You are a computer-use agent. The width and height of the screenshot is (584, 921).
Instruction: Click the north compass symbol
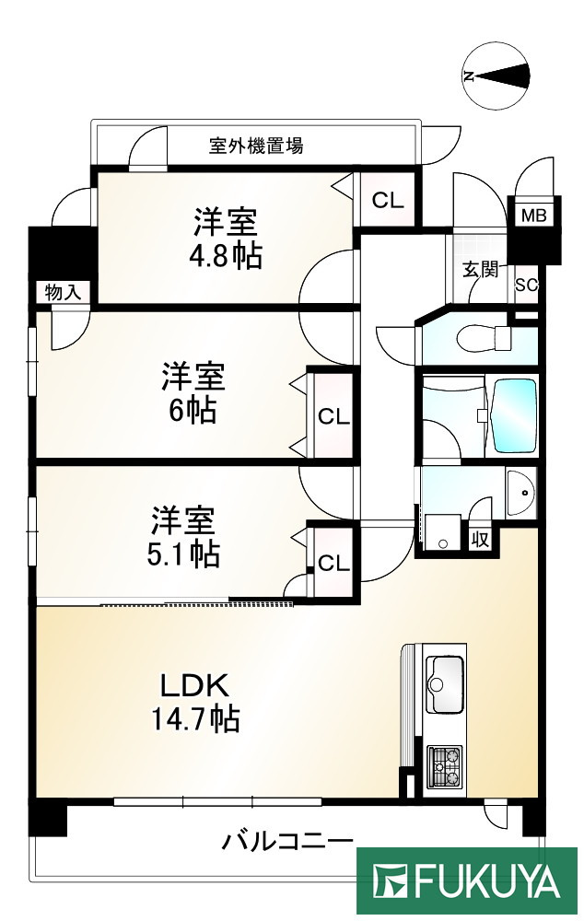tap(498, 76)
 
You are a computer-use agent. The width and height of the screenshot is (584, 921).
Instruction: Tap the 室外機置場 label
tap(256, 146)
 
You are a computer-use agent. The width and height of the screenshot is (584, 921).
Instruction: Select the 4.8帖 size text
tap(227, 255)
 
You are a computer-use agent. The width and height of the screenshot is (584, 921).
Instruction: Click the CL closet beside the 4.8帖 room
tap(388, 200)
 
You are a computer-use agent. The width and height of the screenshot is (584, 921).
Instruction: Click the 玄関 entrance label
tap(480, 270)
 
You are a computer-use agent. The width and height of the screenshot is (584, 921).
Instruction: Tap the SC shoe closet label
tap(526, 285)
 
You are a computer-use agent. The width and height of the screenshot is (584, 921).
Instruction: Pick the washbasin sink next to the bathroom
tap(520, 495)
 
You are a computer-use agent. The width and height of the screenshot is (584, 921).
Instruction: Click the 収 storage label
tap(480, 539)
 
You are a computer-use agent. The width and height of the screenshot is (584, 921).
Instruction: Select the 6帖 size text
tap(193, 411)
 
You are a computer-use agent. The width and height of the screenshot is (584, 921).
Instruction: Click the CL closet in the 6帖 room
tap(333, 416)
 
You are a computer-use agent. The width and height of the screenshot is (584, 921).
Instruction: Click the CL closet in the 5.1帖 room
tap(333, 563)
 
